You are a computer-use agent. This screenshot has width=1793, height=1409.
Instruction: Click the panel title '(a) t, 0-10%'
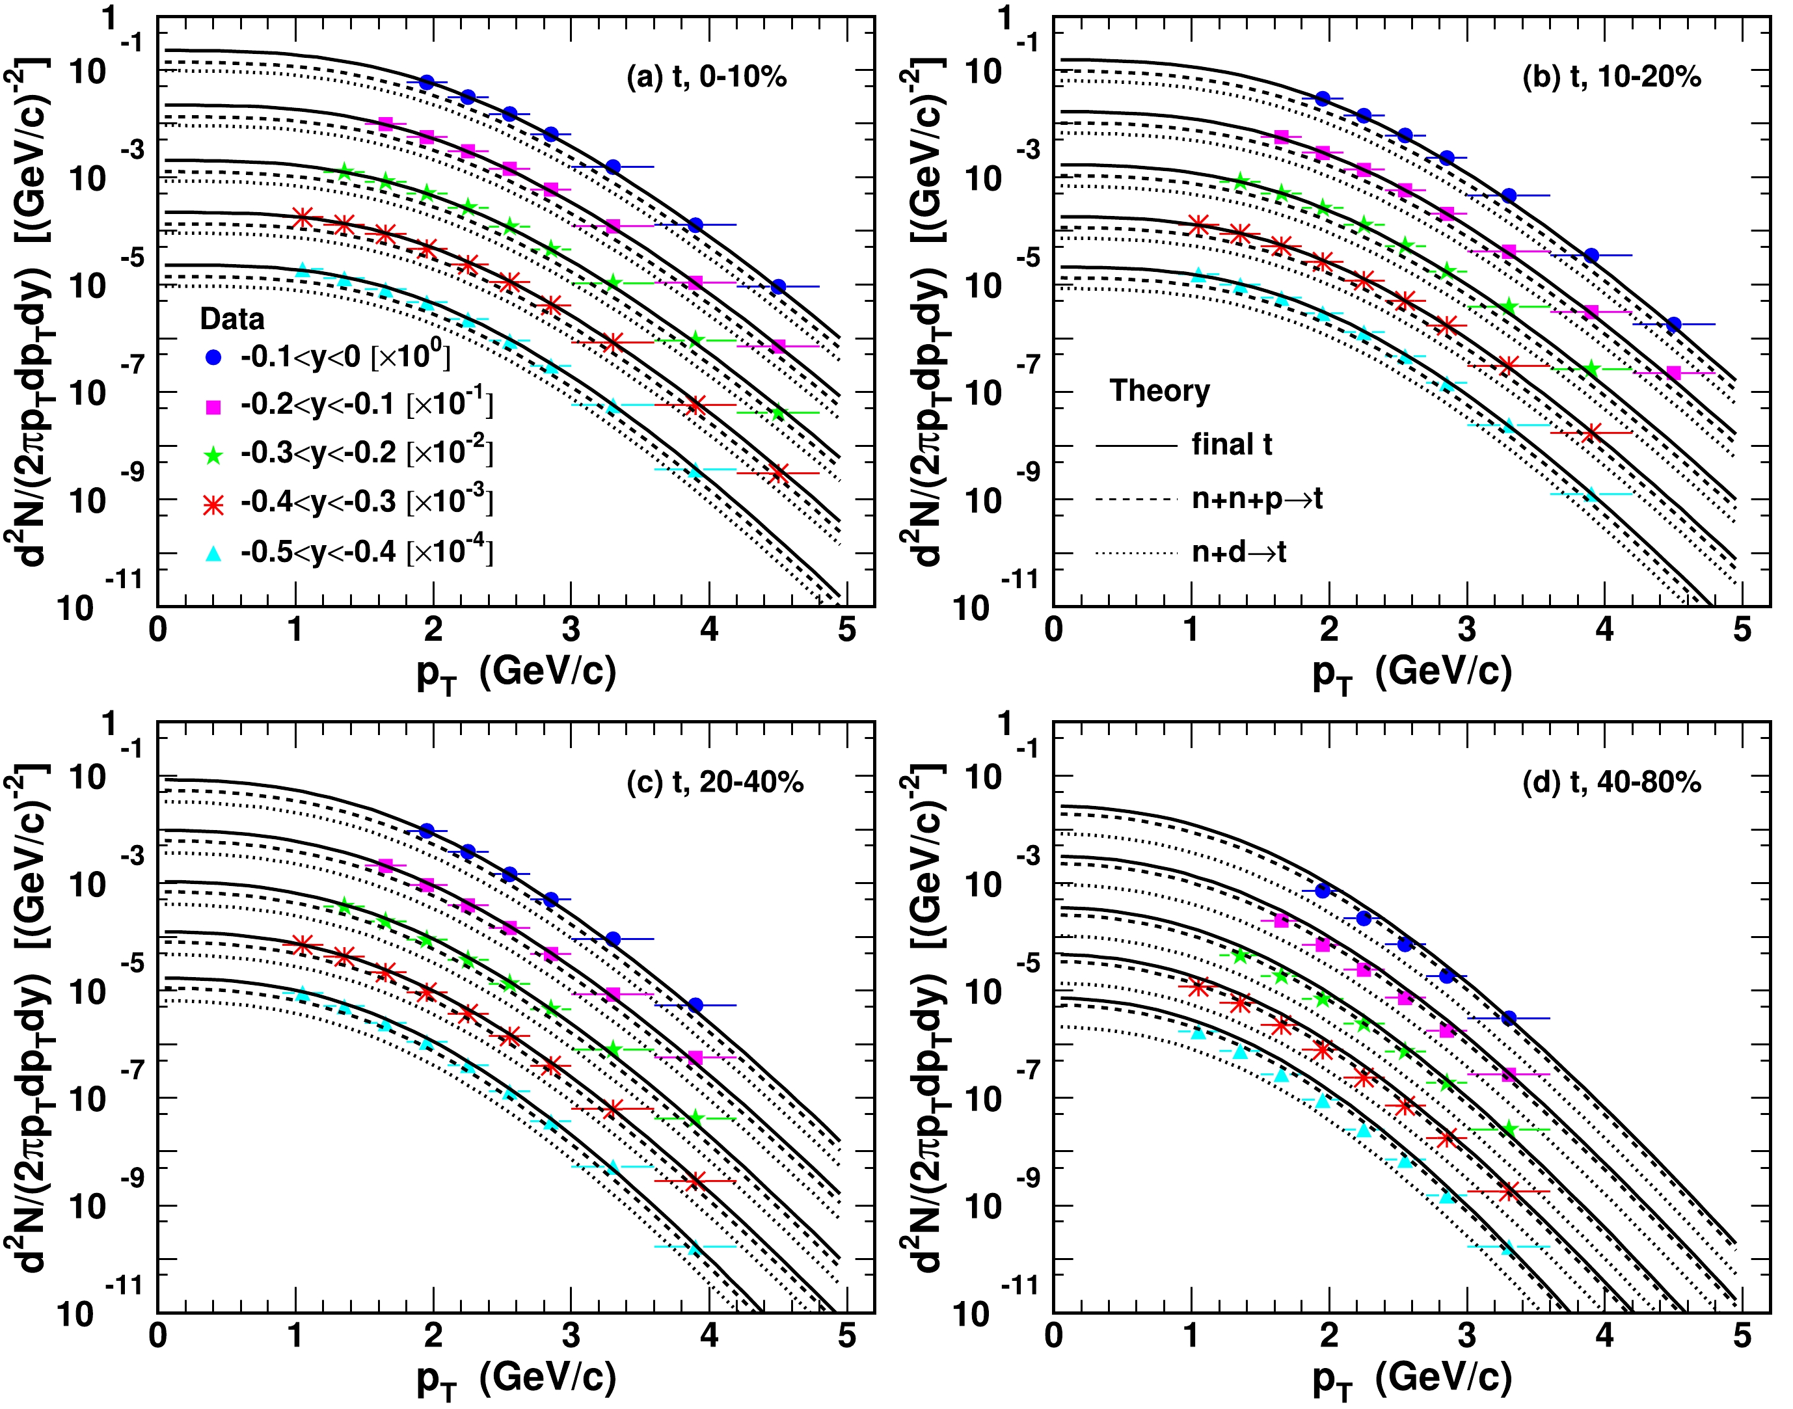[x=707, y=77]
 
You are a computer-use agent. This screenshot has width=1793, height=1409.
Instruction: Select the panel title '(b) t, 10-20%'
[x=1611, y=77]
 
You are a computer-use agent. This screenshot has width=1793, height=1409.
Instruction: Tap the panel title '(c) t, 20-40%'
[x=714, y=782]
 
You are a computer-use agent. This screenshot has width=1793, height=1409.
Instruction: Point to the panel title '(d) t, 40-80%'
[x=1611, y=782]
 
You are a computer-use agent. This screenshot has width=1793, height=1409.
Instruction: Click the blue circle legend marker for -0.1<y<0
[x=213, y=357]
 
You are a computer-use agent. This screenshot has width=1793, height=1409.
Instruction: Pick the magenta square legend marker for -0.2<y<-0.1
[x=213, y=407]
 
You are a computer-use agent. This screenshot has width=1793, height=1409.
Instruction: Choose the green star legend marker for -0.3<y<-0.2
[x=213, y=455]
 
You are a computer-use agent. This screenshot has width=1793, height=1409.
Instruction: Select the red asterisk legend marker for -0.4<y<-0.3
[x=213, y=504]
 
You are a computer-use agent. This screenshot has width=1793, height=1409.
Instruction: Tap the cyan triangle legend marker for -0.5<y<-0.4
[x=213, y=554]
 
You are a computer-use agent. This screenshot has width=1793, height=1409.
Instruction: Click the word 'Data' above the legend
[x=232, y=319]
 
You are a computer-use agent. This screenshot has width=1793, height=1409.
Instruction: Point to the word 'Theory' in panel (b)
[x=1159, y=390]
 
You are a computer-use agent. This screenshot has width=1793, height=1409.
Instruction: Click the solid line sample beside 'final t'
[x=1135, y=446]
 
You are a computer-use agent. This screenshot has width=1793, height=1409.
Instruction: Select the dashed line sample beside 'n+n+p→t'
[x=1135, y=500]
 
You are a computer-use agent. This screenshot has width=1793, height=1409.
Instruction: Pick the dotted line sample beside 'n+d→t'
[x=1135, y=554]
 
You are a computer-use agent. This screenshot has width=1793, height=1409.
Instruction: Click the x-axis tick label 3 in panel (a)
[x=571, y=630]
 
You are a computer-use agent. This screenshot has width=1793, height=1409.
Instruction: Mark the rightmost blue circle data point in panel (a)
[x=777, y=286]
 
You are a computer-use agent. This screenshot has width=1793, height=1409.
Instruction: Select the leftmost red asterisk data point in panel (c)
[x=302, y=945]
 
